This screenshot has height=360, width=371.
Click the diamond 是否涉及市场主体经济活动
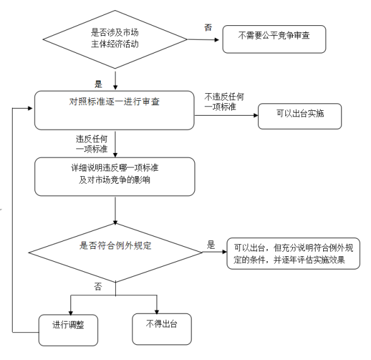[115, 39]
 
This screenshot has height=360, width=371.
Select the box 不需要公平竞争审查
[274, 39]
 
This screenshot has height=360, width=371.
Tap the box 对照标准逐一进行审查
[115, 110]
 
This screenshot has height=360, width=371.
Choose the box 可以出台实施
[300, 116]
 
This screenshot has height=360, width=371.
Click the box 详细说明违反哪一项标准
[115, 177]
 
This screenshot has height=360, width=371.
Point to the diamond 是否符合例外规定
[115, 252]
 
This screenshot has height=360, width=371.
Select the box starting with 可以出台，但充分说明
[294, 254]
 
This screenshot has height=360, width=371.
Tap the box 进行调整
[68, 330]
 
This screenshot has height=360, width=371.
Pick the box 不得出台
[162, 329]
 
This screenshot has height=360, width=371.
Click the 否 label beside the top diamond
[208, 28]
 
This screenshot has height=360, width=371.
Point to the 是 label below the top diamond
[98, 84]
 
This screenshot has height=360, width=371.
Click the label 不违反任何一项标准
[224, 101]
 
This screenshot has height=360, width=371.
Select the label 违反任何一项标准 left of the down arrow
[91, 144]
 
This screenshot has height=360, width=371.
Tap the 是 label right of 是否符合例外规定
[211, 245]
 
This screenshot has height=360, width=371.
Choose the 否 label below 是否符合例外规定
[98, 287]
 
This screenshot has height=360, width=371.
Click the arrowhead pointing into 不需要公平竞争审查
[217, 40]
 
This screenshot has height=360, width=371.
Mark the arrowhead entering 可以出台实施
[256, 115]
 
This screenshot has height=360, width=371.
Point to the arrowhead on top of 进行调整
[71, 313]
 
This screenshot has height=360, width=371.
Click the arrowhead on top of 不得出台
[157, 312]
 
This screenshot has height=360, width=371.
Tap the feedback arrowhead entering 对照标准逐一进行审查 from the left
[30, 108]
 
